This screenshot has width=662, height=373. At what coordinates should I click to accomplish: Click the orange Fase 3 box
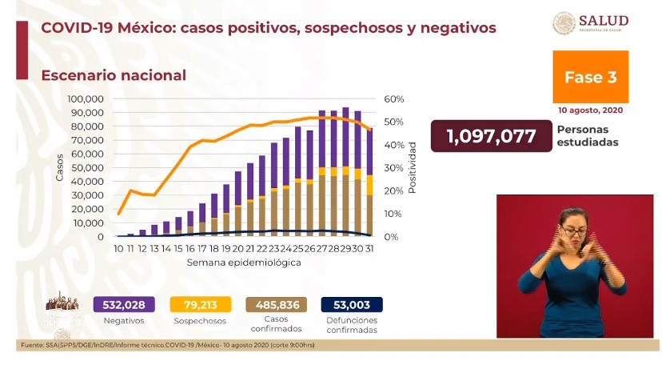pos(590,77)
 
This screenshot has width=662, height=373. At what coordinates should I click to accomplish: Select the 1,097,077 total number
pos(491,136)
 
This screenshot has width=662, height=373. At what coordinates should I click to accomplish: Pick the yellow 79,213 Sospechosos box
pos(201,304)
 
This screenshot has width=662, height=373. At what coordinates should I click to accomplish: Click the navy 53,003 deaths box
pos(351,304)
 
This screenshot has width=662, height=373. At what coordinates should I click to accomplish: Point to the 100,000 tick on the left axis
pos(86,99)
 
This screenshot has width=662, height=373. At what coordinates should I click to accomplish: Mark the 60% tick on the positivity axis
pos(393,99)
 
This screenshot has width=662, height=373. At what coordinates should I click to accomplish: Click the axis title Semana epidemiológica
pos(244,263)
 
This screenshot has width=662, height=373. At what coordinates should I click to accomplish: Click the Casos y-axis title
pos(60,166)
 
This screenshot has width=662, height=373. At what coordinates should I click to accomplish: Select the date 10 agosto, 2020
pos(590,110)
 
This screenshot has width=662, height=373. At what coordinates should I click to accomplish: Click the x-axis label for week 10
pos(118,249)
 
